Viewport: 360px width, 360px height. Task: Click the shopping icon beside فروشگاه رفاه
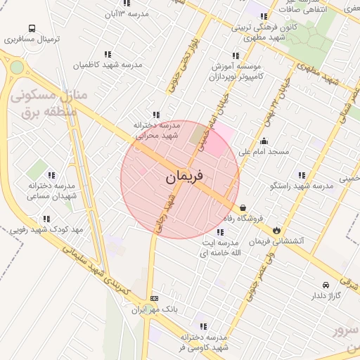coord(243,208)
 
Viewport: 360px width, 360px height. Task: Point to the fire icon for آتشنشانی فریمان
coord(277,230)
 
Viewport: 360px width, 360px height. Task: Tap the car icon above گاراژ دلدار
coord(326,285)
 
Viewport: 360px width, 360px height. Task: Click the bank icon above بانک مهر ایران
coord(155,298)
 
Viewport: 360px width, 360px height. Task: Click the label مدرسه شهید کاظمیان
coord(108,65)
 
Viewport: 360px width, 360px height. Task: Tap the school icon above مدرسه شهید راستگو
coord(302,175)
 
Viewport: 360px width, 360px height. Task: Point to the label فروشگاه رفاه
coord(269,218)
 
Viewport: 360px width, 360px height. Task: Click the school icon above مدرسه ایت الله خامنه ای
coord(221,232)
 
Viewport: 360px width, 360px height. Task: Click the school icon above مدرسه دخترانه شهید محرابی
coord(155,115)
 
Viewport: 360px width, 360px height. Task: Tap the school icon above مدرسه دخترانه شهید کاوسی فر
coord(203,326)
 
